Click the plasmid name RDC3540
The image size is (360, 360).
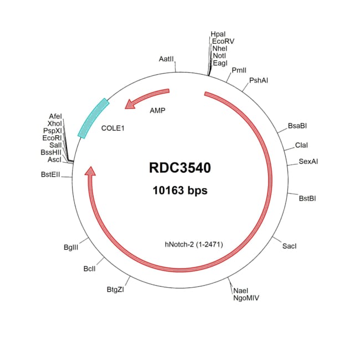179,168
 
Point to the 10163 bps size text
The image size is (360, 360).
179,191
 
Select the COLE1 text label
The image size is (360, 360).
114,128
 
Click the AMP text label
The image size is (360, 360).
158,110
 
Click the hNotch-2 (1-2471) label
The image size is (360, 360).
193,244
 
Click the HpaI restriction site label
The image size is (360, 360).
218,34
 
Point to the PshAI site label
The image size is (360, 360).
259,80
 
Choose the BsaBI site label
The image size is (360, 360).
297,126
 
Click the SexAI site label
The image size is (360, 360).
308,162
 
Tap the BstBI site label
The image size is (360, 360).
308,198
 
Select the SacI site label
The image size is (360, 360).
290,245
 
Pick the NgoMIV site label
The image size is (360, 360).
246,297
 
